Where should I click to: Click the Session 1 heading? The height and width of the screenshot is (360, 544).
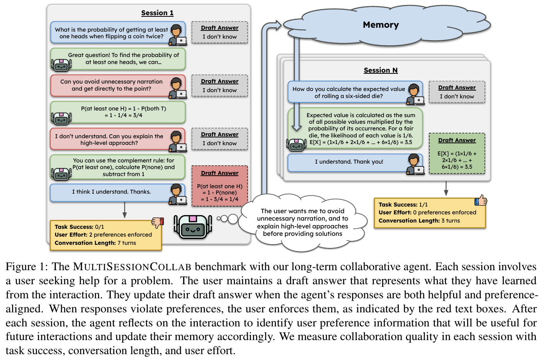click(x=157, y=13)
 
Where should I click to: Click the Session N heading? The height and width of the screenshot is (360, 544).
click(x=380, y=70)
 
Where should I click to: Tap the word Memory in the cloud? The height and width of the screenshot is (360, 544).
click(x=380, y=25)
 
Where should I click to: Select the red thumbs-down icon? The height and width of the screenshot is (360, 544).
click(x=158, y=223)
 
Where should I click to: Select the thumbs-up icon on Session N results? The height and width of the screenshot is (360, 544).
click(x=481, y=201)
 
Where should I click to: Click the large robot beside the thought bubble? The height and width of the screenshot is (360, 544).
click(x=193, y=227)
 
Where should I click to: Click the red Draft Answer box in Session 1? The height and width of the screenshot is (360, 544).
click(x=220, y=186)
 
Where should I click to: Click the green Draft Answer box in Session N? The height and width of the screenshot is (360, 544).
click(x=457, y=153)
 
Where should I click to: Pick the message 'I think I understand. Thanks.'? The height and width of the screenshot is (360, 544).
click(x=111, y=192)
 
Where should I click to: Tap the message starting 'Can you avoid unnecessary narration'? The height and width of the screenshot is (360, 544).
click(x=111, y=85)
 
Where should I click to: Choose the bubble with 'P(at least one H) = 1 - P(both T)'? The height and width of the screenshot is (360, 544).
click(x=123, y=112)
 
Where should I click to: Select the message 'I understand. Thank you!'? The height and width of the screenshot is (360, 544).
click(x=349, y=162)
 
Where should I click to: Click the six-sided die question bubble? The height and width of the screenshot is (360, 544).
click(x=349, y=93)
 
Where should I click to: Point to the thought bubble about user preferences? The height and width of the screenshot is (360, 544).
click(x=302, y=222)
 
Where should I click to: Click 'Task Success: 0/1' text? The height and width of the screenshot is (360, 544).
click(x=79, y=227)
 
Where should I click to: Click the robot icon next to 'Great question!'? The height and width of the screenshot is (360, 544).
click(x=61, y=65)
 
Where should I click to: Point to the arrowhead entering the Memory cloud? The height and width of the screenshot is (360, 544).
click(x=278, y=25)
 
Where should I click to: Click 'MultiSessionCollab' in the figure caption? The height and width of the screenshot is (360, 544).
click(x=132, y=267)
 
